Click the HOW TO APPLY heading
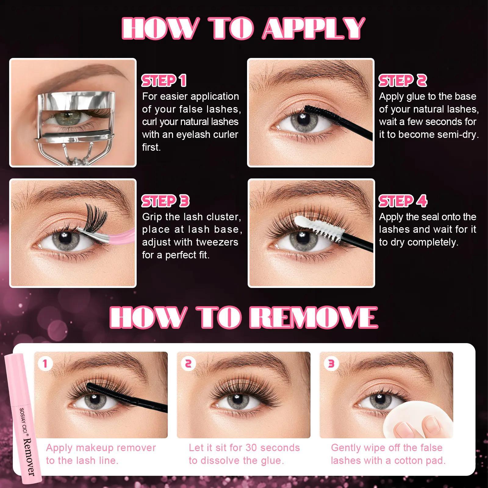point(243,28)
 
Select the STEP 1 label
point(164,81)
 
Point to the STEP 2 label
point(403,81)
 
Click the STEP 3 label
point(165,201)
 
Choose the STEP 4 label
point(403,201)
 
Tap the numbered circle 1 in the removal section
point(45,364)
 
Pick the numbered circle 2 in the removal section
point(188,364)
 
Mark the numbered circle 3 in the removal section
point(331,364)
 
